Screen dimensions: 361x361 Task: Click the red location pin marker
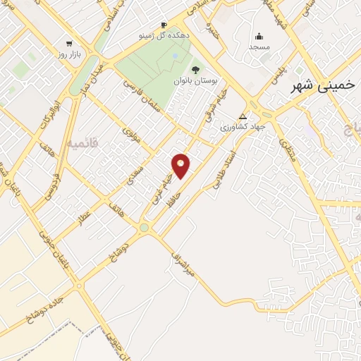click(x=181, y=165)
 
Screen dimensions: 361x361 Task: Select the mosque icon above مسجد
click(x=259, y=37)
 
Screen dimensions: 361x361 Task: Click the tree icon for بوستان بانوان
click(x=195, y=69)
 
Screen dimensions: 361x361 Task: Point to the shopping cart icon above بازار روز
click(x=69, y=43)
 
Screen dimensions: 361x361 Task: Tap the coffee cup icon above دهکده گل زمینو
click(x=164, y=25)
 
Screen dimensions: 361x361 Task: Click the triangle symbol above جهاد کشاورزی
click(x=243, y=117)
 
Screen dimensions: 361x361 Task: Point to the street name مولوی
click(x=131, y=135)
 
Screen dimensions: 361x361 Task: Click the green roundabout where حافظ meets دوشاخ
click(x=145, y=227)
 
